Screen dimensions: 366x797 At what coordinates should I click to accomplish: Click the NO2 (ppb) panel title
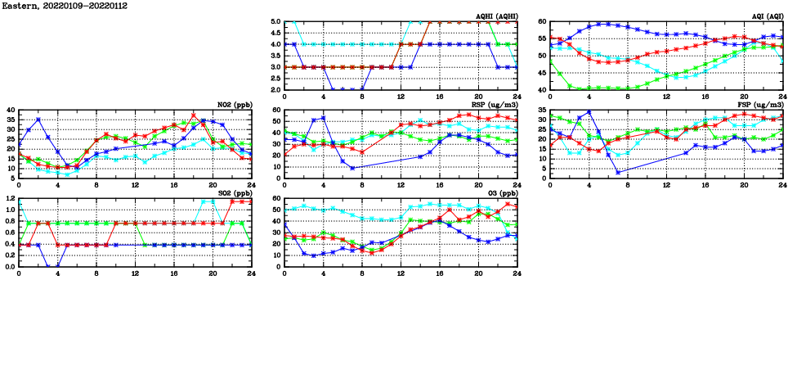tap(233, 104)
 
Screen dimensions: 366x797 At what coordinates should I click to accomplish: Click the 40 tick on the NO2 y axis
tap(10, 110)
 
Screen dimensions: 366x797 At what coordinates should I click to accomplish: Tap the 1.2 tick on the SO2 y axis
tap(9, 198)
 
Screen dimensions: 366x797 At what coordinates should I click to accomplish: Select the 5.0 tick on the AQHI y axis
tap(275, 21)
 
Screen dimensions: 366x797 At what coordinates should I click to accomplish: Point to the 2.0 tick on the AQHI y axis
tap(275, 89)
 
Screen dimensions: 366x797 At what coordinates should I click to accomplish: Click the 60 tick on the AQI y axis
tap(542, 21)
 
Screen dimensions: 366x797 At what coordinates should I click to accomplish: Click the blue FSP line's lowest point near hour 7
tap(618, 172)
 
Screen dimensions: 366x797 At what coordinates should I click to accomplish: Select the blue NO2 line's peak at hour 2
tap(38, 120)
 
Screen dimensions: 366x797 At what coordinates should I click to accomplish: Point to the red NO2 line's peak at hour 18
tap(193, 115)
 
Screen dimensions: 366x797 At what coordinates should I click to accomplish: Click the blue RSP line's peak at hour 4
tap(323, 118)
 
